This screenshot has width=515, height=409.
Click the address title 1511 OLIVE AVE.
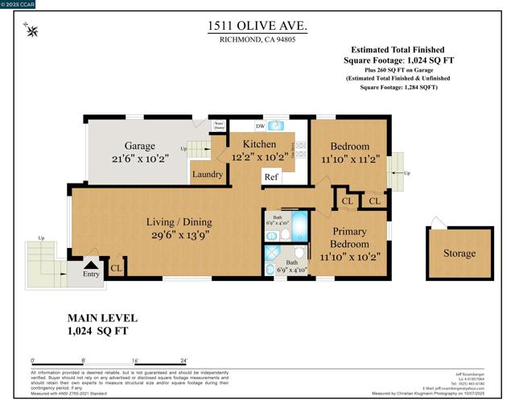pos(257,27)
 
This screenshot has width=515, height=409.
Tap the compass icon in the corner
pos(32,31)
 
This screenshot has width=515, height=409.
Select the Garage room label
pos(140,147)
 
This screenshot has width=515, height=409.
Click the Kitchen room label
pos(253,144)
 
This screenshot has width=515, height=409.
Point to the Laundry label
pos(208,174)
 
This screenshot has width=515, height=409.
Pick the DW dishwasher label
pos(260,126)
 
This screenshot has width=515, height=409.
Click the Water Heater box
pos(219,126)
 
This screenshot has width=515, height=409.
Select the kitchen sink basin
pos(276,126)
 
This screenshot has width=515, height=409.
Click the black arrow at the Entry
pos(91,263)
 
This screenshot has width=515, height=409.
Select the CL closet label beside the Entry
pos(115,268)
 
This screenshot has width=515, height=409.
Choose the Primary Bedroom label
pos(349,238)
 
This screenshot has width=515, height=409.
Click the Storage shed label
pos(459,254)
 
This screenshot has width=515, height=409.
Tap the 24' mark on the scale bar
pos(184,360)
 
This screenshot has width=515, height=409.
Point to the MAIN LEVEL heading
pos(102,318)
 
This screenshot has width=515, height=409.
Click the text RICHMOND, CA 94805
pos(257,41)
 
